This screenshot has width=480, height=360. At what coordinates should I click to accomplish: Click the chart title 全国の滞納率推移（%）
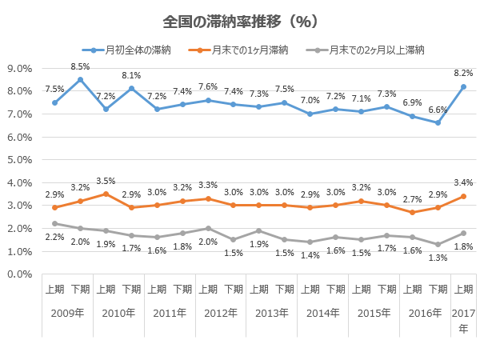click(240, 22)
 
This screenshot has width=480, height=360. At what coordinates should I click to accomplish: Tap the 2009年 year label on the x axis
click(67, 313)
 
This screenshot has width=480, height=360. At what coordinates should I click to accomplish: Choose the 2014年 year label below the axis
click(322, 313)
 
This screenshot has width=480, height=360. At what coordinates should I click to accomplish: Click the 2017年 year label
click(463, 318)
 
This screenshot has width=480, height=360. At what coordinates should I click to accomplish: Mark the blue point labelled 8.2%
click(463, 86)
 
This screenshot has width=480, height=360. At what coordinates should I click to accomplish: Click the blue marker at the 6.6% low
click(438, 123)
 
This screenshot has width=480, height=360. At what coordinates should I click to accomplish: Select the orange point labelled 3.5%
click(106, 194)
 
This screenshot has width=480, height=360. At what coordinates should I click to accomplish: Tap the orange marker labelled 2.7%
click(412, 212)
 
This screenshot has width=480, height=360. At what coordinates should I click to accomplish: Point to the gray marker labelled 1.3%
click(438, 244)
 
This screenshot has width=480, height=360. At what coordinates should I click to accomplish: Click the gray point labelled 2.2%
click(54, 224)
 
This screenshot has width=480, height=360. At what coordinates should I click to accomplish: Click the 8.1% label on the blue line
click(131, 76)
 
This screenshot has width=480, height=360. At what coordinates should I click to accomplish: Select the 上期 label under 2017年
click(463, 289)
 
